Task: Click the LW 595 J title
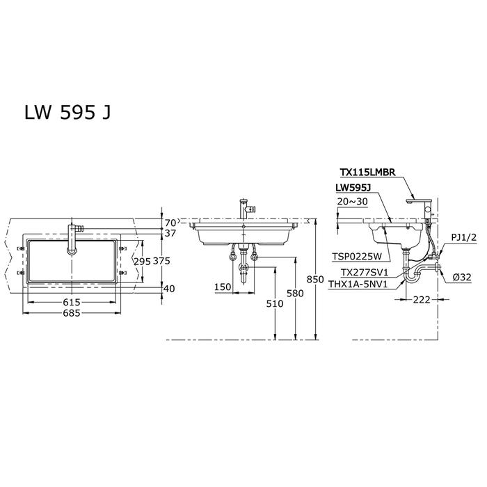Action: (x=67, y=112)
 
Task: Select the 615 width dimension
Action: (x=72, y=302)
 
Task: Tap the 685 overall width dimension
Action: (x=72, y=313)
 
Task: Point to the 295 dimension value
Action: (x=142, y=261)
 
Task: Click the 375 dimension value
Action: (x=161, y=261)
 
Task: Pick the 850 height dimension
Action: (x=315, y=280)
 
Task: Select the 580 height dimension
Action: (x=295, y=293)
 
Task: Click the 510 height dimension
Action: (x=275, y=303)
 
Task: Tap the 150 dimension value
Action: (x=223, y=287)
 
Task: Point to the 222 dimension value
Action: (x=422, y=300)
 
